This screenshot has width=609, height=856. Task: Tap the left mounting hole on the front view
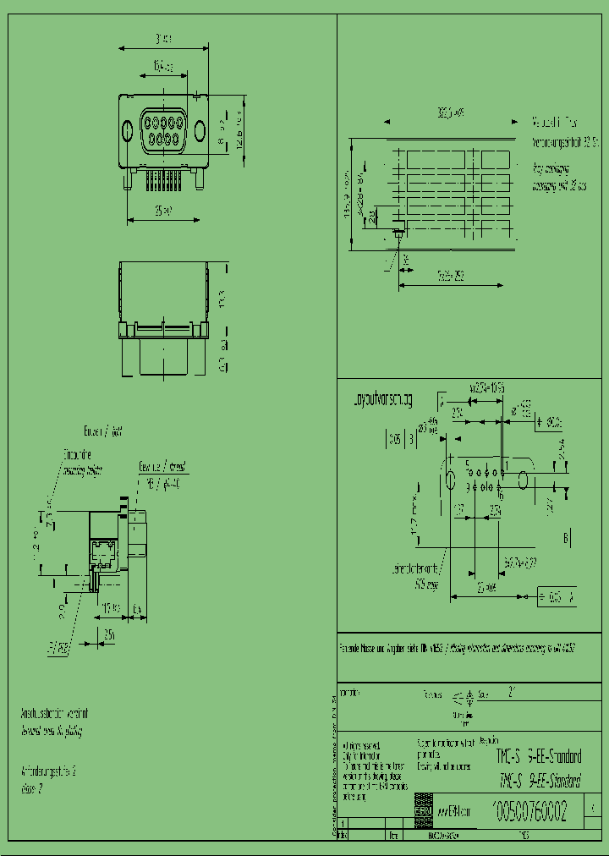point(127,130)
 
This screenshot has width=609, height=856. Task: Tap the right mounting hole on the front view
point(200,130)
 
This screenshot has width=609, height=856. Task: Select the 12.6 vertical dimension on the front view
point(240,127)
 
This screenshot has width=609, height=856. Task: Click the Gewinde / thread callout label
point(162,467)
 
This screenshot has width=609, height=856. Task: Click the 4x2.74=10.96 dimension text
point(487,387)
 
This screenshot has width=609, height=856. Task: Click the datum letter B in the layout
point(566,537)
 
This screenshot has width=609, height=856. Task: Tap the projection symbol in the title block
point(464,699)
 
